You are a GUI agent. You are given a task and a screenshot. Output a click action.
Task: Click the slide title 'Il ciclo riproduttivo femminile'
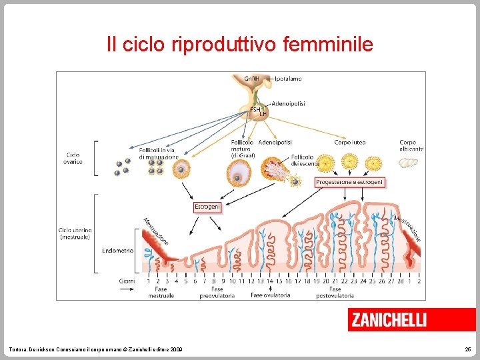point(240,45)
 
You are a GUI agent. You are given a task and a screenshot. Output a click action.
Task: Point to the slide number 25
point(467,350)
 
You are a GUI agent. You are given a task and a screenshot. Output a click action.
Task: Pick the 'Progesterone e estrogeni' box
point(349,182)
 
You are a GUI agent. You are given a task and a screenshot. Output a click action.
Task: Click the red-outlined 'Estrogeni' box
point(207,207)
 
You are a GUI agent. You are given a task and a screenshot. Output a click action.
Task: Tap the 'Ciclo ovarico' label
point(73,158)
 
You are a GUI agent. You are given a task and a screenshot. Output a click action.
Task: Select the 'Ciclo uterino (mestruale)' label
point(75,233)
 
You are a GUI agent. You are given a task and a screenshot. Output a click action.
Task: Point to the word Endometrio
point(117,251)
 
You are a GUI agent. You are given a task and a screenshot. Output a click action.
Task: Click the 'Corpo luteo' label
point(349,142)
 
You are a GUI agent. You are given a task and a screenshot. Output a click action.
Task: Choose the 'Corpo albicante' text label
point(411,145)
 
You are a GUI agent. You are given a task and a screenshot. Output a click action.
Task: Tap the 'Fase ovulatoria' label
point(270,295)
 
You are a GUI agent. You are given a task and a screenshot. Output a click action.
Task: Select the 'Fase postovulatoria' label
point(335,292)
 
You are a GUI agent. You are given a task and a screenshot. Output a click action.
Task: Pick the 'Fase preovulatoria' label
point(217,292)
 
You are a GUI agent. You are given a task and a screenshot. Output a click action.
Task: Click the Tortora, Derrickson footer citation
point(94,350)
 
